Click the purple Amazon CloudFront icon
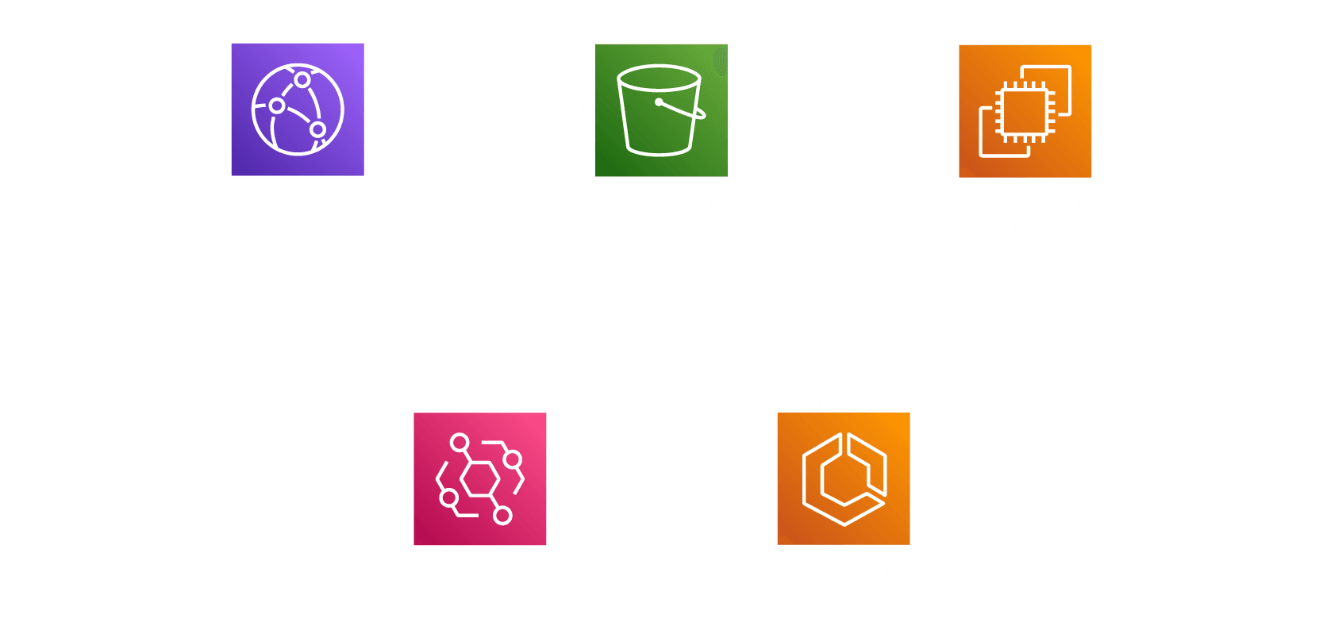pyautogui.click(x=298, y=109)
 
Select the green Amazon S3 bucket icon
pyautogui.click(x=661, y=110)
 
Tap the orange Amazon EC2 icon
pyautogui.click(x=1025, y=111)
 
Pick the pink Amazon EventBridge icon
pyautogui.click(x=480, y=478)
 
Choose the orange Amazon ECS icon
pyautogui.click(x=844, y=478)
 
